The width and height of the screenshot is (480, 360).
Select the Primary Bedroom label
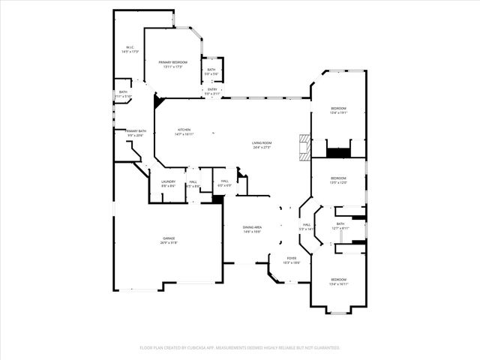[x=173, y=62]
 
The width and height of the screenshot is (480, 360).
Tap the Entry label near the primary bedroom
[x=212, y=89]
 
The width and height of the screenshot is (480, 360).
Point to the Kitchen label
[x=184, y=130]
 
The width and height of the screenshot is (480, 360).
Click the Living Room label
[x=261, y=142]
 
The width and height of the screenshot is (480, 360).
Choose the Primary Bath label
[x=136, y=130]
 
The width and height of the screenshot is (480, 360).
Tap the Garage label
[x=168, y=238]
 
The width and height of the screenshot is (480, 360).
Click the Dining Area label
[x=252, y=226]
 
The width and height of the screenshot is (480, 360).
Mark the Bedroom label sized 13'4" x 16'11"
[x=338, y=279]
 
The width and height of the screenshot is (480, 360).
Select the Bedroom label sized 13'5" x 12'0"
[x=338, y=178]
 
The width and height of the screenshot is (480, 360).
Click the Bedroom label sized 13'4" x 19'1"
[x=338, y=108]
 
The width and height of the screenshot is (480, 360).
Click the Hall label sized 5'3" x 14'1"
[x=306, y=224]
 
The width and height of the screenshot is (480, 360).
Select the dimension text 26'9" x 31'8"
[x=168, y=243]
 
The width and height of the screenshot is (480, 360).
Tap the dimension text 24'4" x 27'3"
[x=261, y=147]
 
